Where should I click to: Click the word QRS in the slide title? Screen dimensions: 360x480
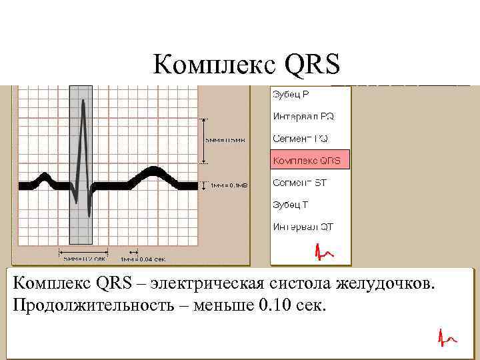pos(312,65)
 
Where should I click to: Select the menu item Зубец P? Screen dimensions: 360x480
pos(291,95)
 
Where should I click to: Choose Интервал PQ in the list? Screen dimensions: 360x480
pos(303,116)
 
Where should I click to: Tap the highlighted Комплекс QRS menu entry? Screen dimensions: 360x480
pos(307,161)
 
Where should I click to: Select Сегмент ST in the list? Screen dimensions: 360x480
pos(299,182)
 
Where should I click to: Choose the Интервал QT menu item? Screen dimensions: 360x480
pos(303,226)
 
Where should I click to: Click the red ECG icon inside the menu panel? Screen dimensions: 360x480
pos(324,251)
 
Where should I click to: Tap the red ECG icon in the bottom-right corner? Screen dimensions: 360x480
pos(446,339)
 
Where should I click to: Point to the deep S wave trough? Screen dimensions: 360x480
pos(89,200)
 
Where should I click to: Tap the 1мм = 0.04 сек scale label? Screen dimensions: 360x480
pos(143,259)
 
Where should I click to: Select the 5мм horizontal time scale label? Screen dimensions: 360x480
pos(84,259)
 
